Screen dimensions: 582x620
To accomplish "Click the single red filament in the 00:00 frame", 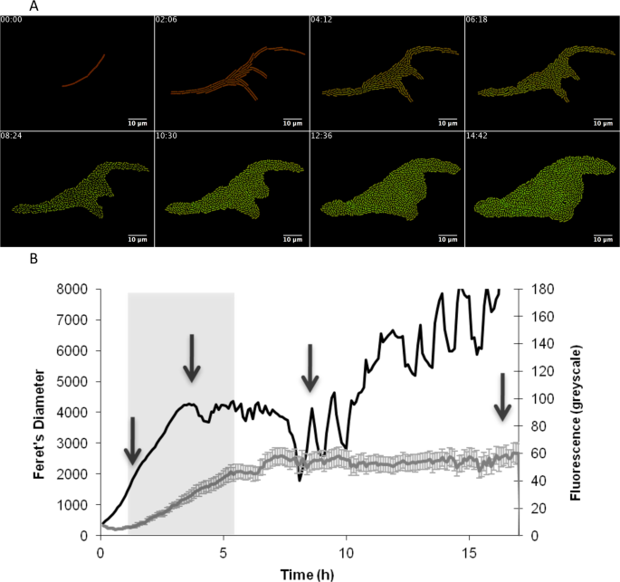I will click(83, 72).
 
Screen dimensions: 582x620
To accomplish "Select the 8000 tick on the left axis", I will click(75, 289).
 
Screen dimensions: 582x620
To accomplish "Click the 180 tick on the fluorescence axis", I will click(535, 289).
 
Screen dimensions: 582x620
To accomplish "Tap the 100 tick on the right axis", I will click(535, 398).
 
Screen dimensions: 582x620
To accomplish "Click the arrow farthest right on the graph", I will click(502, 396).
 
